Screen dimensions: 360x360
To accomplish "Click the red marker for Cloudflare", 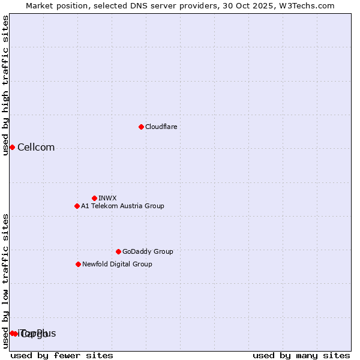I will coord(141,127).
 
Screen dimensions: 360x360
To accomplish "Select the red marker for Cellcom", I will coord(12,147).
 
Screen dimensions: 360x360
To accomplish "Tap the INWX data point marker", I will coord(94,198).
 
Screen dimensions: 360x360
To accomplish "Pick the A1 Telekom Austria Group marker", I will coord(77,206).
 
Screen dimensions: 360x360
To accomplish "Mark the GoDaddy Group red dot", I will coord(118,251).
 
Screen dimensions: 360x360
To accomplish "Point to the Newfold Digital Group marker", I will coord(78,264).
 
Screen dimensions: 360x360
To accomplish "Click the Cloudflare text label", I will coord(161,127).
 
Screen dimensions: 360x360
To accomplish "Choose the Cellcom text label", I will coord(36,148).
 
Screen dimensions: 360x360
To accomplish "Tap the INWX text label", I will coord(107,198).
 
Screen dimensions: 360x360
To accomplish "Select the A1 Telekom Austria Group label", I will coord(122,206).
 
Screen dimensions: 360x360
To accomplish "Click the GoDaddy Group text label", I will coord(148,251).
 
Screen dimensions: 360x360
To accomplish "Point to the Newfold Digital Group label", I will coord(117,264).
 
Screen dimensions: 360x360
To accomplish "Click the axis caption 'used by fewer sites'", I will coord(62,355).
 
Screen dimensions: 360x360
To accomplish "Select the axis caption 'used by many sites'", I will coord(301,355).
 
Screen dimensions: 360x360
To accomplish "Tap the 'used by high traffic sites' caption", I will coord(5,85).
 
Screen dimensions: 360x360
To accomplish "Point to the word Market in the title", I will coord(40,5).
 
